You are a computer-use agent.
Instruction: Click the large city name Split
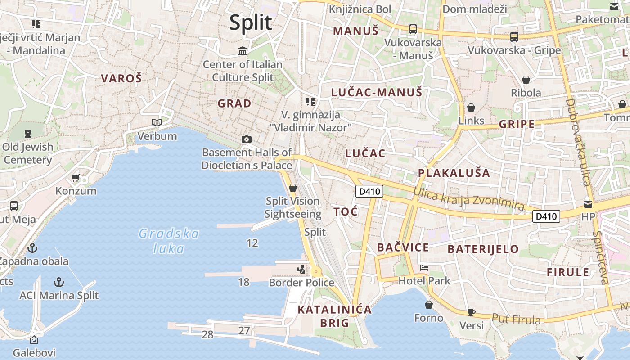(251, 23)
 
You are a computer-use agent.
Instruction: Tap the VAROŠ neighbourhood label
(121, 78)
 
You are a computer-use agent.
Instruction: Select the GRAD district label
(234, 103)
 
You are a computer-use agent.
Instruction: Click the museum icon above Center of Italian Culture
(243, 51)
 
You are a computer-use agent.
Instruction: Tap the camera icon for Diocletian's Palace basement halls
(246, 139)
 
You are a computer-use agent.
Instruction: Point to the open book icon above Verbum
(157, 122)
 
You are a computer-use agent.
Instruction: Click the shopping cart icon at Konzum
(76, 178)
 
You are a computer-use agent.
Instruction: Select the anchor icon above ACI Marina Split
(58, 282)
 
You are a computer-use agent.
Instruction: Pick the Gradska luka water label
(169, 241)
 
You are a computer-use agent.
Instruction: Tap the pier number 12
(252, 243)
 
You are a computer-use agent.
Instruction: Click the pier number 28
(207, 334)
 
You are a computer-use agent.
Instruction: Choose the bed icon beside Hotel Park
(424, 268)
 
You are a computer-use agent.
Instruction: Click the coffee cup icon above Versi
(471, 312)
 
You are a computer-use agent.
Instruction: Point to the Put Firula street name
(516, 319)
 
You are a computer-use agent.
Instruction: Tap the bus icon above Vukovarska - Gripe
(514, 37)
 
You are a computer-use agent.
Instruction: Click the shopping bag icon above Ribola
(526, 80)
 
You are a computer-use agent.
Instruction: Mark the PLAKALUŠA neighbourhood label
(454, 173)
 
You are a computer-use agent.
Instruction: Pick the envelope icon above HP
(588, 204)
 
